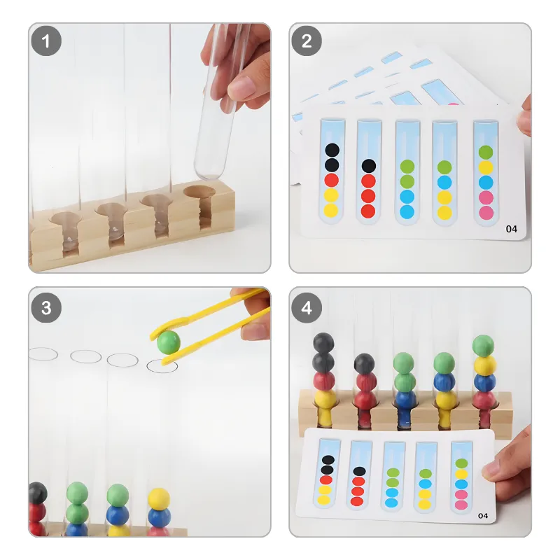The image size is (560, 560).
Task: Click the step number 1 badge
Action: pyautogui.click(x=46, y=41)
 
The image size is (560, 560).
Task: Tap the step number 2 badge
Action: pyautogui.click(x=307, y=41)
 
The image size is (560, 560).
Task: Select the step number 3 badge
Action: pyautogui.click(x=46, y=308)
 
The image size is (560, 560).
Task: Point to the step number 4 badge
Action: pyautogui.click(x=307, y=308)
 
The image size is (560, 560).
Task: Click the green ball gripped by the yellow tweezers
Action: pyautogui.click(x=168, y=342)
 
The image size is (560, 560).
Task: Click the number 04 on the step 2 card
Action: pyautogui.click(x=512, y=229)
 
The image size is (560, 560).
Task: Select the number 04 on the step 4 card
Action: pyautogui.click(x=482, y=516)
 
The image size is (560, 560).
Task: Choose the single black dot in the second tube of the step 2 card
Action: pyautogui.click(x=369, y=166)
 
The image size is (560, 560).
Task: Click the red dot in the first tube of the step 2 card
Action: pyautogui.click(x=331, y=181)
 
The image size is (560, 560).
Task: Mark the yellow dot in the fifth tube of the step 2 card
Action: pyautogui.click(x=486, y=167)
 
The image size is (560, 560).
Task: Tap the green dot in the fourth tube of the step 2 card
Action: pyautogui.click(x=444, y=167)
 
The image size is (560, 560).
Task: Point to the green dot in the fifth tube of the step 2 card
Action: pyautogui.click(x=486, y=153)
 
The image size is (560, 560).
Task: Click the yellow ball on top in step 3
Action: pyautogui.click(x=159, y=499)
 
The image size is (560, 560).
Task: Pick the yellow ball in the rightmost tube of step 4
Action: pyautogui.click(x=485, y=365)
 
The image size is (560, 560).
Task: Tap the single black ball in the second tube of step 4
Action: pyautogui.click(x=364, y=363)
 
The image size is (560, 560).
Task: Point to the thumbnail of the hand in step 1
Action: pyautogui.click(x=241, y=87)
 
